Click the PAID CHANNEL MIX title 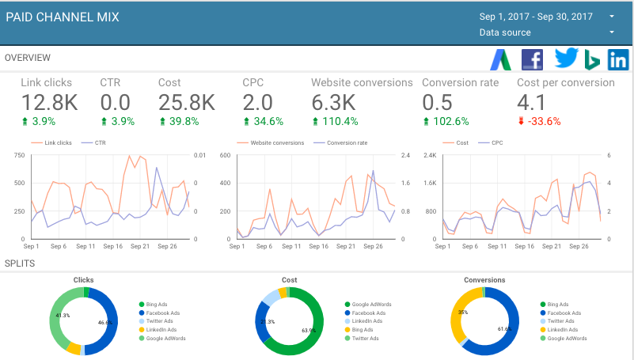point(63,17)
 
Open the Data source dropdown point(505,32)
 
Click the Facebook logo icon point(532,59)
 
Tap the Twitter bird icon point(566,59)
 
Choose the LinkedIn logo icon point(618,59)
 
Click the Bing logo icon point(593,60)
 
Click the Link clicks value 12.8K point(49,103)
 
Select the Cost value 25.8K point(186,103)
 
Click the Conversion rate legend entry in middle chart point(349,143)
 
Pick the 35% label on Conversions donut point(462,313)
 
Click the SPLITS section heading point(19,263)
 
